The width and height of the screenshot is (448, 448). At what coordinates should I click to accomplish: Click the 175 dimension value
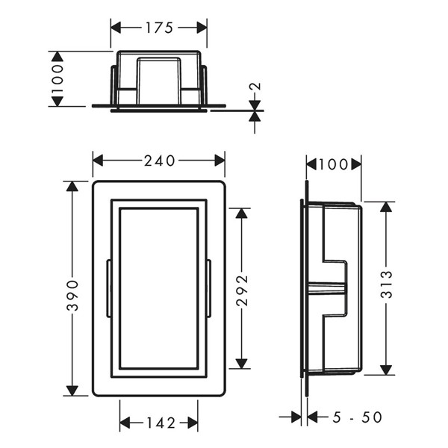pos(159,28)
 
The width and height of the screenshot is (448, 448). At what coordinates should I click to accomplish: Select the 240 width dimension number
pos(159,161)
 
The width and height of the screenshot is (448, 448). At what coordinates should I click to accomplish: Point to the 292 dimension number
pos(242,290)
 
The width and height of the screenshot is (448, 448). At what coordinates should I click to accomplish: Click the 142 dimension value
pos(161,423)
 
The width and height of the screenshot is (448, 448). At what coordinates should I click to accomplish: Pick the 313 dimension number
pos(387,284)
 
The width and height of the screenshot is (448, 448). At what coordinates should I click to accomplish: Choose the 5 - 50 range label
pos(357,417)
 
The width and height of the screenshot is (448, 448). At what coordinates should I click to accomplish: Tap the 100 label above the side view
pos(334,164)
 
